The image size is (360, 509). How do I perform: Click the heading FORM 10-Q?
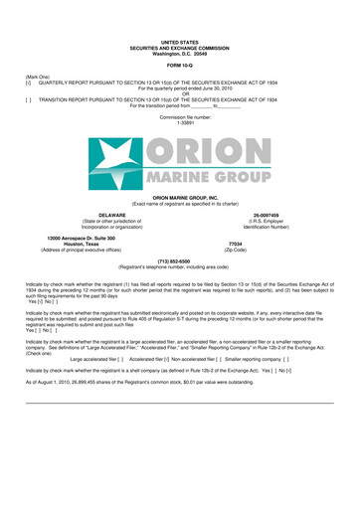[179, 67]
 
